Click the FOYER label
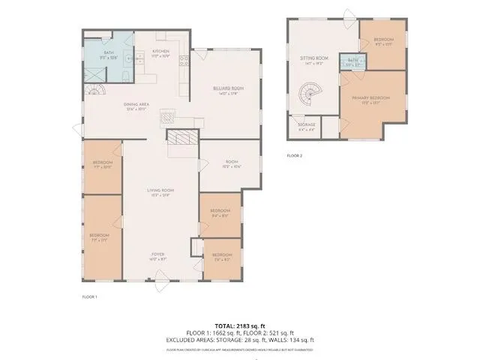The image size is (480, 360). (x=158, y=256)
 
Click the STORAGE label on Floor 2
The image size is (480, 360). (x=306, y=125)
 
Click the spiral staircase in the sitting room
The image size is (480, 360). (x=310, y=96)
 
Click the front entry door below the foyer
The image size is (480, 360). (x=159, y=284)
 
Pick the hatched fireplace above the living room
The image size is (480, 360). (x=179, y=137)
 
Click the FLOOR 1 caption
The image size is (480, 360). (x=90, y=297)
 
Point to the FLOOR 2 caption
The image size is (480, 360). (x=295, y=155)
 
